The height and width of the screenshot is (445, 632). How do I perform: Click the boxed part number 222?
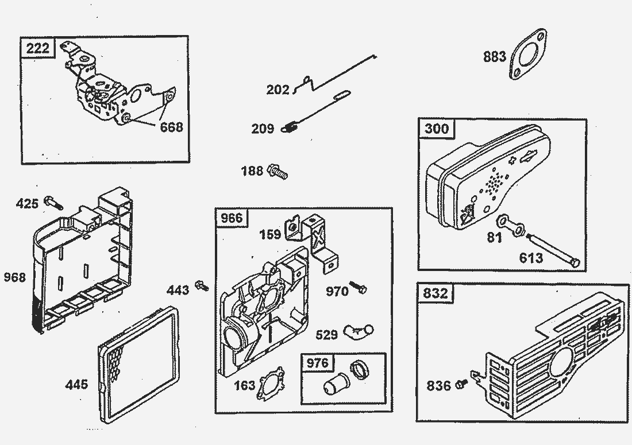38,48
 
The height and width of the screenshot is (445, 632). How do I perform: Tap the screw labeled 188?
278,171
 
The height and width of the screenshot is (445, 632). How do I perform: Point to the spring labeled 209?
291,128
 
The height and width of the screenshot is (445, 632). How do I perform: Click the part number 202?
278,90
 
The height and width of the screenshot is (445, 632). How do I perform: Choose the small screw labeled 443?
202,285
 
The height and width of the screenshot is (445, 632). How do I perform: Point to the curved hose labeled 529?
358,330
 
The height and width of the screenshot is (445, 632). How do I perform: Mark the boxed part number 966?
232,217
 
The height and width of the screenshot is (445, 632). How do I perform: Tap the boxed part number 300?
437,127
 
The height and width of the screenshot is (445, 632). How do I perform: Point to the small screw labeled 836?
461,383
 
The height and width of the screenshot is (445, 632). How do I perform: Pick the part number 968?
14,277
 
